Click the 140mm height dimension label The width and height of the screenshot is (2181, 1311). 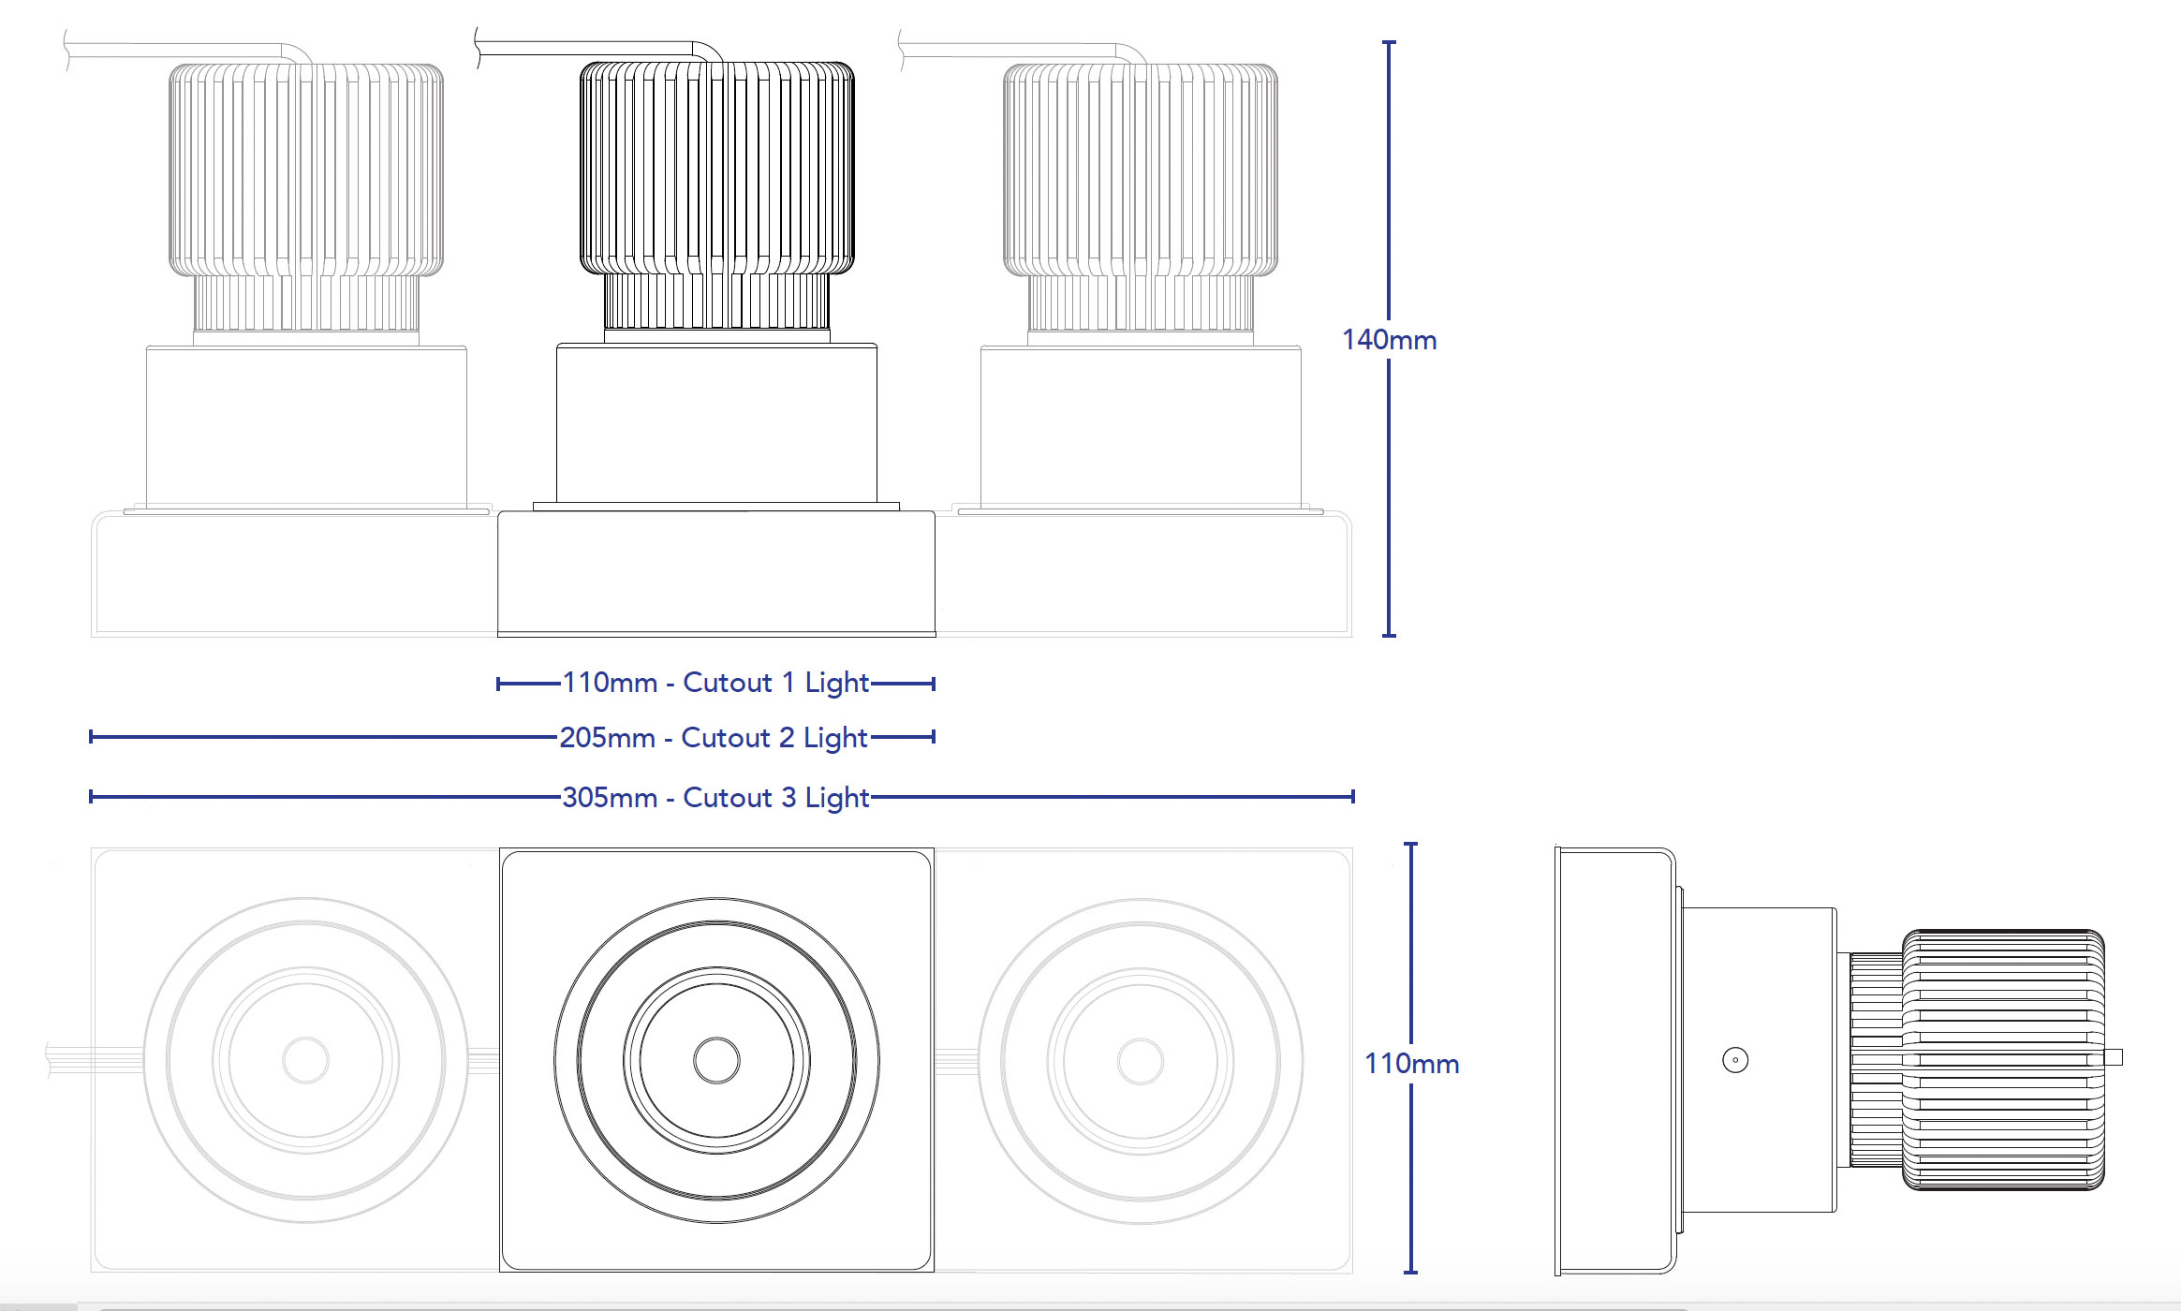[1389, 340]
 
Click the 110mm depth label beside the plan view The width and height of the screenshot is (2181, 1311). [1411, 1064]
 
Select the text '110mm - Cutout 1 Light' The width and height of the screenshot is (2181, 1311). [715, 683]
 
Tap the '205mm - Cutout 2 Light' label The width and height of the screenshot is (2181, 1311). [714, 738]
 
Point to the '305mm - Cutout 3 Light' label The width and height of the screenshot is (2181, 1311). [715, 798]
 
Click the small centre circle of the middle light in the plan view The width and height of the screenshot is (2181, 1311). [716, 1060]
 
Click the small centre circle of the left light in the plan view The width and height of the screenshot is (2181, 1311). [305, 1060]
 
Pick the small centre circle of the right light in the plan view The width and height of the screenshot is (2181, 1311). [1141, 1061]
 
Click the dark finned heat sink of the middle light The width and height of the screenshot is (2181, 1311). [716, 169]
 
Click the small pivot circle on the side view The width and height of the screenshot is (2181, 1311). [1735, 1060]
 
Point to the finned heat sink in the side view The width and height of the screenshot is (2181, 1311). [2004, 1060]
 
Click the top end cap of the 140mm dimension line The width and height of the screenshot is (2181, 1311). [1389, 42]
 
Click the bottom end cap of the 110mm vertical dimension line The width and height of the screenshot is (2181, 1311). [1411, 1272]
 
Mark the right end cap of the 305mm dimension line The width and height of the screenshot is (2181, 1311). [1352, 797]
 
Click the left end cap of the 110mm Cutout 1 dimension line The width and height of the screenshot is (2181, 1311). [498, 684]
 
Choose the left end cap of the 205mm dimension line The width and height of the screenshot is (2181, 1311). [91, 737]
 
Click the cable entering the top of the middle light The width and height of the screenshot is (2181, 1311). [599, 43]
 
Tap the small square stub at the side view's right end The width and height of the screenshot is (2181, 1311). [2114, 1057]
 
